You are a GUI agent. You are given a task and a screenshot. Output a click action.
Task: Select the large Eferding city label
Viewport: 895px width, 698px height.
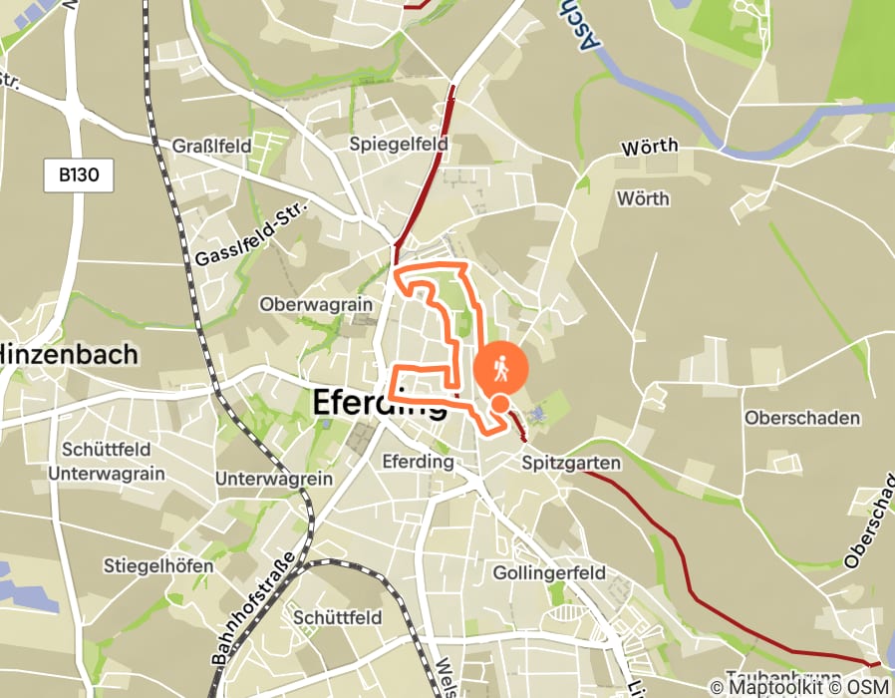[x=380, y=402]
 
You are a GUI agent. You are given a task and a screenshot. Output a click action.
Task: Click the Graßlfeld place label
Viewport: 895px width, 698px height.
[x=212, y=146]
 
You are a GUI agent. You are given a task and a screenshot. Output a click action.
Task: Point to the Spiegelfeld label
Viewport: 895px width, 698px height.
[x=399, y=144]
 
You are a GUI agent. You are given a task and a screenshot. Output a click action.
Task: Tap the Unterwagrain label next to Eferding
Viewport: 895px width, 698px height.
[x=274, y=479]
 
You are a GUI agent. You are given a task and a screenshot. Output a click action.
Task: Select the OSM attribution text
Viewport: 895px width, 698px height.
[x=868, y=687]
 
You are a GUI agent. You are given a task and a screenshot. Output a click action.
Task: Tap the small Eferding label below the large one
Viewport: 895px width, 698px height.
[x=419, y=462]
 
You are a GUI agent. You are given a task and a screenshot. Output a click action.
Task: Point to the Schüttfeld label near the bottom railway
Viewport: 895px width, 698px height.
[x=338, y=617]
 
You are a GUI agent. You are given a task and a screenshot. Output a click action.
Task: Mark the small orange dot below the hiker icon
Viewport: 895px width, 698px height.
[x=500, y=403]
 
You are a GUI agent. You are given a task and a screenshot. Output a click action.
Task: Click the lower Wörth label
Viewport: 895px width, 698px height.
[x=643, y=198]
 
